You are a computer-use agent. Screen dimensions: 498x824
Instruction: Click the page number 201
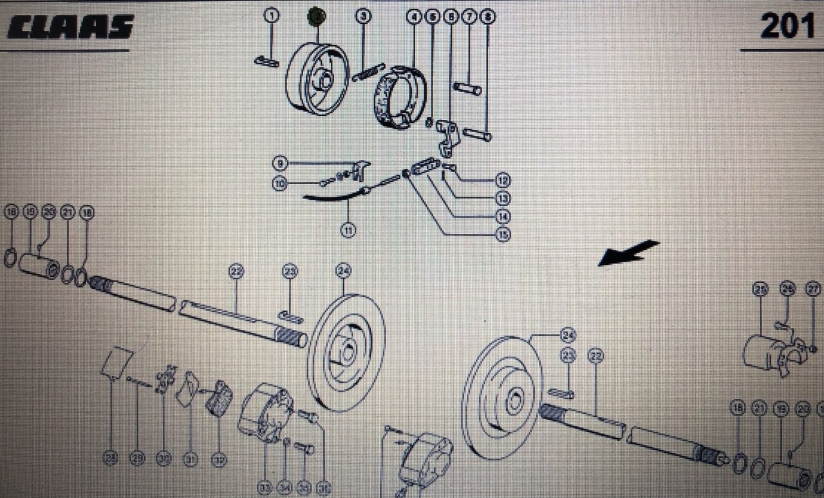point(787,26)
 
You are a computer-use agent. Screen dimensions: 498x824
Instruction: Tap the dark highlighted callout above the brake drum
point(317,16)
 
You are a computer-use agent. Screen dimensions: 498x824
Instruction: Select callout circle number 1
point(272,16)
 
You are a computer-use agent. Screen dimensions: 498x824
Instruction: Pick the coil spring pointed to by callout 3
point(368,72)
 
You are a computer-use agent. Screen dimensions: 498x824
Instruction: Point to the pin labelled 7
point(467,88)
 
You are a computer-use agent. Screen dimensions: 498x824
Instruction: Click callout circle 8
point(487,17)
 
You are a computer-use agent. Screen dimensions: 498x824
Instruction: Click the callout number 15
point(503,235)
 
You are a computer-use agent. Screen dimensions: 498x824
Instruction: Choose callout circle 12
point(503,181)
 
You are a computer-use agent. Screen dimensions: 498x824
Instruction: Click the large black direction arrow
point(628,253)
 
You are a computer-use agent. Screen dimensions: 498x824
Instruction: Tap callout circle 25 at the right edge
point(761,289)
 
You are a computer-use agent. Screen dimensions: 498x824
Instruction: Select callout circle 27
point(812,289)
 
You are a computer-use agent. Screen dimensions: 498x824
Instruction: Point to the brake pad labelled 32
point(219,398)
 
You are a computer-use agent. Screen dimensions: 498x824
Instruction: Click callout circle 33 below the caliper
point(265,488)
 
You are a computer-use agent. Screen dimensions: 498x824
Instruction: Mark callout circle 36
point(323,488)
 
